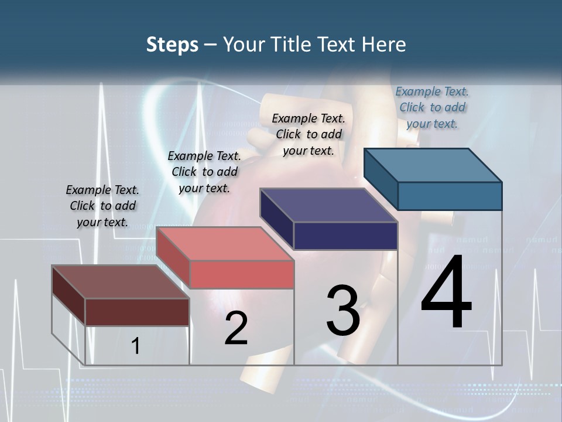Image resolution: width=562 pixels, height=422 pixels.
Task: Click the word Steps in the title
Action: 172,45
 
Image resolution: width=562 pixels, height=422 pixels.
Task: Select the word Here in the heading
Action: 385,45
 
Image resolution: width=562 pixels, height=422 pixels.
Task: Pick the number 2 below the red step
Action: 236,328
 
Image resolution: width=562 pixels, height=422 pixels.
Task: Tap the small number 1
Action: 135,346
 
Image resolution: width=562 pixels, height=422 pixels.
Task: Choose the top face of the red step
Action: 225,244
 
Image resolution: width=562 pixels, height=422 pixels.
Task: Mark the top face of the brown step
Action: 121,282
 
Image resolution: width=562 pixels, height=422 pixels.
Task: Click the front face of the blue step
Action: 450,196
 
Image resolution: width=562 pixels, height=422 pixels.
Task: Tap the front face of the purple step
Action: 345,236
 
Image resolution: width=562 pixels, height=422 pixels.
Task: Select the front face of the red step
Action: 242,274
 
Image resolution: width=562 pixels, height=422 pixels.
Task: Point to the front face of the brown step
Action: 137,312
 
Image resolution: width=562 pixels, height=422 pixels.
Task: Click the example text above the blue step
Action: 432,107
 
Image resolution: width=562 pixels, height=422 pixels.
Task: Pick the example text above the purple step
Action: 309,134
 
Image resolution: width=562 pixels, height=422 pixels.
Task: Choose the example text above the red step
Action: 204,172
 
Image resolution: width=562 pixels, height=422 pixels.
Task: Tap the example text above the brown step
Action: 102,206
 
